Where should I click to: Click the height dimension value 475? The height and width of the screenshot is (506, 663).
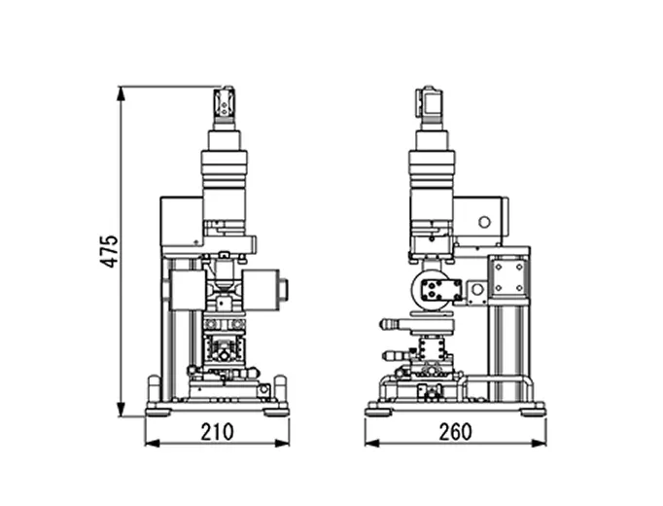point(109,251)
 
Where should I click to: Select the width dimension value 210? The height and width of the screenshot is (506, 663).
point(217,432)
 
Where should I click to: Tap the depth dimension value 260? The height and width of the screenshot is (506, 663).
point(455,432)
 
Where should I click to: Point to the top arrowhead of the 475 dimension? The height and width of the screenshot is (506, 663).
point(122,93)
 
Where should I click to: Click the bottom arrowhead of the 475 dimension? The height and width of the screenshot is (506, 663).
point(122,409)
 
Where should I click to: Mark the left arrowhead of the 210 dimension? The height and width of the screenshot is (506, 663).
point(153,443)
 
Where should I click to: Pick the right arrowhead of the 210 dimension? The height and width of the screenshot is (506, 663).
point(282,443)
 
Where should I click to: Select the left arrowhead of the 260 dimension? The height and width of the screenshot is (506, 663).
point(372,443)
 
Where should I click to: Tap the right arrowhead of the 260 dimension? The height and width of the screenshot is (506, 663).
point(539,443)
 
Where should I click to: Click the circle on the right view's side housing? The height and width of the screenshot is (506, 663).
point(484,222)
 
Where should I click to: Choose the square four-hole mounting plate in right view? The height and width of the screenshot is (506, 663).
point(508,276)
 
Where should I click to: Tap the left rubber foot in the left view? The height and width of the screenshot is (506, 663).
point(157,412)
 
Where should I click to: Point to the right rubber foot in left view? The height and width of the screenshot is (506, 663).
point(276,412)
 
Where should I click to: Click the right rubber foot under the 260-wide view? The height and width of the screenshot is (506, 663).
point(533,412)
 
